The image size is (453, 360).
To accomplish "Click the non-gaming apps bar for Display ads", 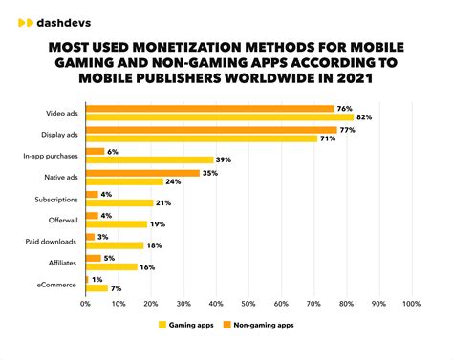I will pyautogui.click(x=210, y=129).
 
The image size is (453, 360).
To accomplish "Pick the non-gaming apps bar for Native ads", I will pyautogui.click(x=142, y=173).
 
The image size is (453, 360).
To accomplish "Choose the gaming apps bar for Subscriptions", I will pyautogui.click(x=119, y=202).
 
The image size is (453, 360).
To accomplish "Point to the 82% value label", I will pyautogui.click(x=363, y=117).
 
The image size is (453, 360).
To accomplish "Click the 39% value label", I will pyautogui.click(x=223, y=160).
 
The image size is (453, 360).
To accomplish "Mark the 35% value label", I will pyautogui.click(x=209, y=173).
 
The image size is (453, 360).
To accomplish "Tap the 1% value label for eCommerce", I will pyautogui.click(x=97, y=279).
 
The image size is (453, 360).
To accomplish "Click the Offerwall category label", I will pyautogui.click(x=62, y=219).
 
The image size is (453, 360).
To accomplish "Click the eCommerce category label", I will pyautogui.click(x=58, y=284).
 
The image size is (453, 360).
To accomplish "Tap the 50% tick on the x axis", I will pyautogui.click(x=248, y=304).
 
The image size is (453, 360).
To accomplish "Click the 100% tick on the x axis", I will pyautogui.click(x=411, y=304).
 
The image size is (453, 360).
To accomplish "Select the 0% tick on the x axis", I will pyautogui.click(x=85, y=304).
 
